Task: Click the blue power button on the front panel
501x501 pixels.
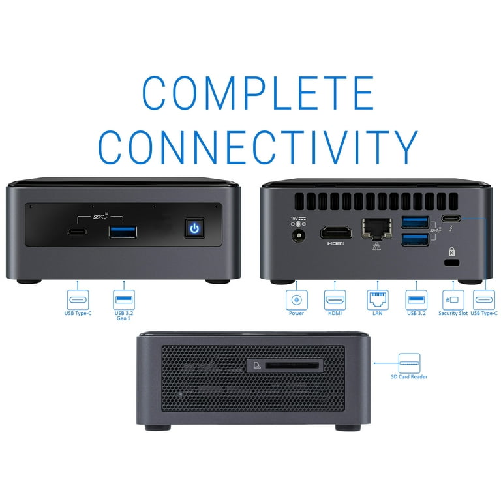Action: (x=194, y=228)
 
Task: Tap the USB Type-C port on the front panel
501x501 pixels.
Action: (x=77, y=232)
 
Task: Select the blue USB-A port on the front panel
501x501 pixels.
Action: (x=123, y=232)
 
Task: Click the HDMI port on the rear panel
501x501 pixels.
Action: (x=336, y=232)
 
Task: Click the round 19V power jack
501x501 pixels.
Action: (x=298, y=236)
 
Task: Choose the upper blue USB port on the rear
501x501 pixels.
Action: (x=415, y=222)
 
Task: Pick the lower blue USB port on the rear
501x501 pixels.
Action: (x=415, y=239)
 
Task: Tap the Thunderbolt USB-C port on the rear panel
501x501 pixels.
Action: (x=451, y=219)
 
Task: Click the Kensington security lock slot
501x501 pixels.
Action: (x=452, y=263)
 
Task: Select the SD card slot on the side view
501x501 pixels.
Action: (x=292, y=365)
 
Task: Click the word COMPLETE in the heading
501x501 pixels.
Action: (x=258, y=93)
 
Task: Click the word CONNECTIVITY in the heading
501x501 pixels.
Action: (x=258, y=147)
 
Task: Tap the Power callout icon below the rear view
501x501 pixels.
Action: (x=297, y=299)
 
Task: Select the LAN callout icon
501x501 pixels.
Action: (x=377, y=299)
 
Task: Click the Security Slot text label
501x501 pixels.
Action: (x=453, y=313)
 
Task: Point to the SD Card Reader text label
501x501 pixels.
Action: (x=409, y=376)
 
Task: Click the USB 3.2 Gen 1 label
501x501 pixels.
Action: (x=124, y=316)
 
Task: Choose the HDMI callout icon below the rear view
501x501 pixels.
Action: (x=335, y=299)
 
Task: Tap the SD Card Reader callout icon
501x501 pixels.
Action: (x=409, y=363)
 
